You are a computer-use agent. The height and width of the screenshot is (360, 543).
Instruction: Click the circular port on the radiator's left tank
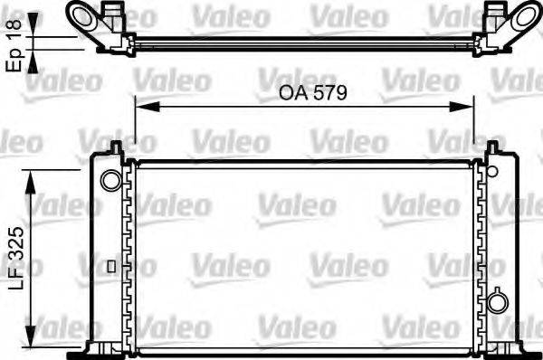pyautogui.click(x=110, y=179)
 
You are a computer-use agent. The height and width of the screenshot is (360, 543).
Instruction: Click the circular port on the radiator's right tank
pyautogui.click(x=497, y=301)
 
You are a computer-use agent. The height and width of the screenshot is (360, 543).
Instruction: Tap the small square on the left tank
pyautogui.click(x=110, y=266)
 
